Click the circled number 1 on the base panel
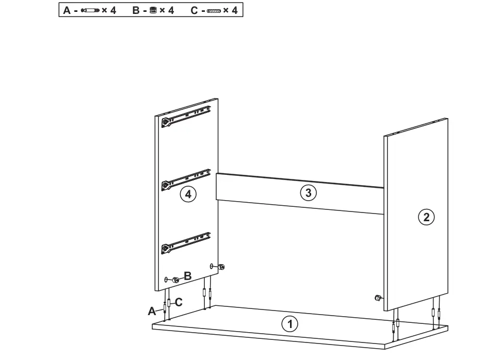click(289, 324)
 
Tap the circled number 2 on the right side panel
click(426, 217)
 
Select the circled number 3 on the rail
click(308, 193)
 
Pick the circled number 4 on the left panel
click(188, 194)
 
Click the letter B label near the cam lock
click(188, 276)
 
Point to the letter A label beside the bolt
click(152, 311)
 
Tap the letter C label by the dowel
click(179, 303)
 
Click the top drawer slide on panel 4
click(187, 116)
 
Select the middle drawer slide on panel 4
click(187, 177)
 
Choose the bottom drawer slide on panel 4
click(187, 242)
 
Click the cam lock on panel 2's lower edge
click(378, 298)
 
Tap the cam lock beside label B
click(175, 280)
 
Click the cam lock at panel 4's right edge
click(222, 267)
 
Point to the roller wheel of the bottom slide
click(165, 249)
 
